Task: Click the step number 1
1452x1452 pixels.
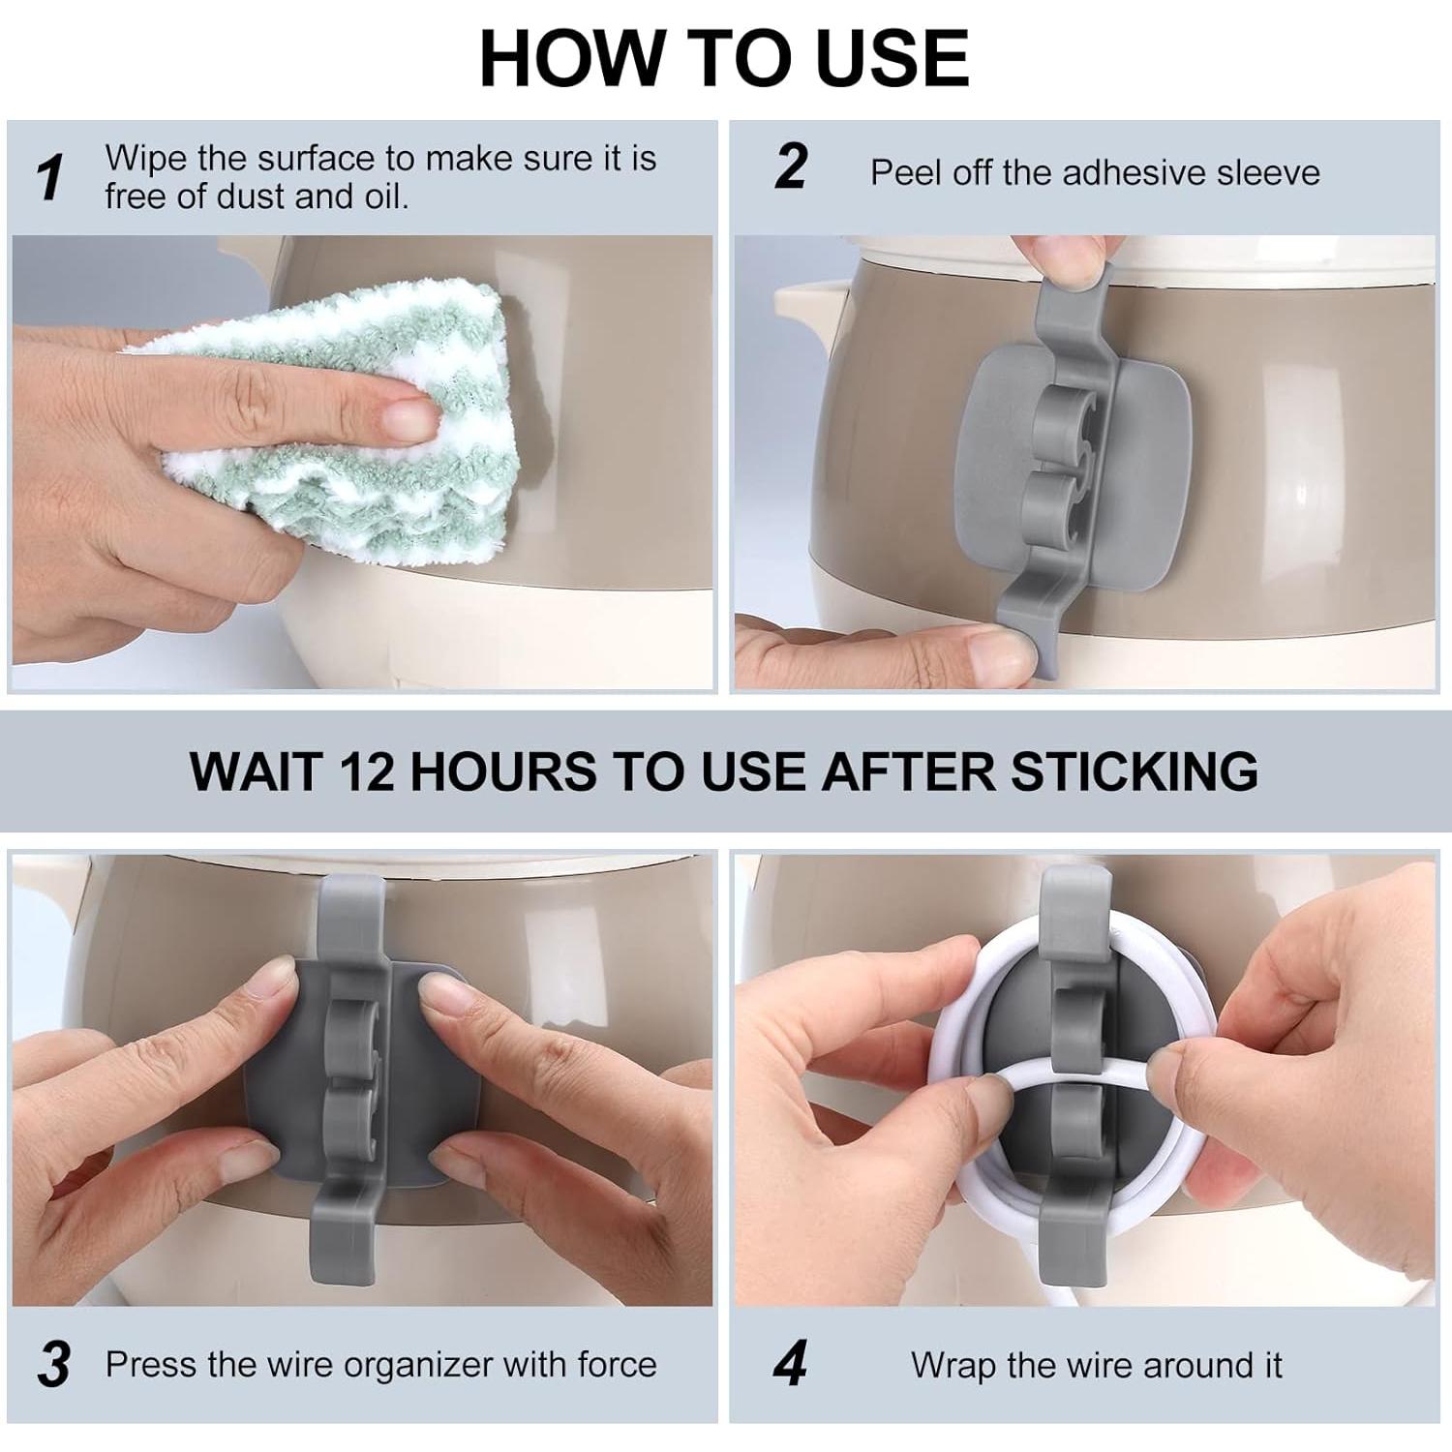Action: (50, 177)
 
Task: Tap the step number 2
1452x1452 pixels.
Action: (791, 167)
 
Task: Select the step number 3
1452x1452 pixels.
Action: (54, 1365)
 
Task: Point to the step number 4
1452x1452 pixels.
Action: (791, 1365)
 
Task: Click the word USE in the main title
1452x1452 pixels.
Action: (892, 58)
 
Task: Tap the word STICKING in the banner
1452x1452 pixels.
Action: (1134, 771)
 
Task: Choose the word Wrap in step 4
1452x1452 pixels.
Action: (953, 1366)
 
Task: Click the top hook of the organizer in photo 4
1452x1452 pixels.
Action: (1074, 910)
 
